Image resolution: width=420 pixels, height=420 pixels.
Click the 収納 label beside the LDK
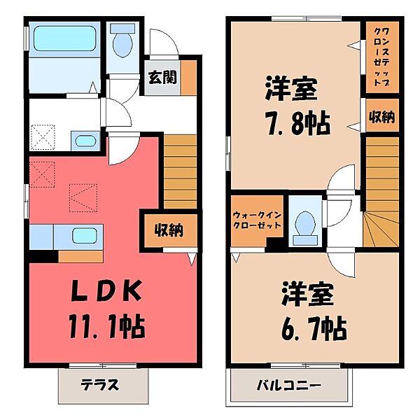pyautogui.click(x=169, y=230)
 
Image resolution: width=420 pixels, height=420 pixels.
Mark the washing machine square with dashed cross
pyautogui.click(x=43, y=136)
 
